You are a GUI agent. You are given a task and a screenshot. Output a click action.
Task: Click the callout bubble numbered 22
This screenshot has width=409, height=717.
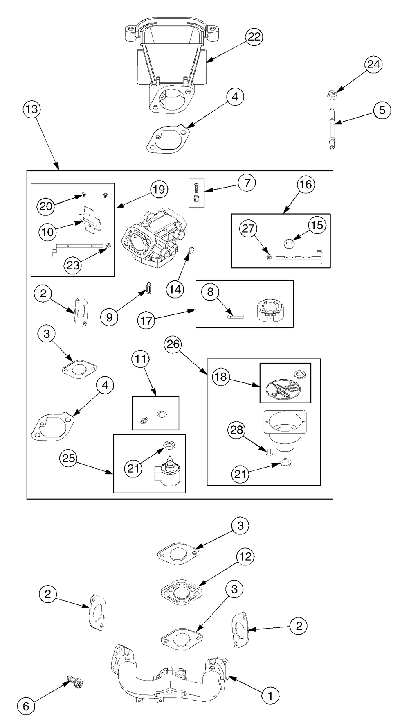click(254, 37)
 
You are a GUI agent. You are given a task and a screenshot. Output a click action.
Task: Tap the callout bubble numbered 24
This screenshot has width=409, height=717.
click(373, 65)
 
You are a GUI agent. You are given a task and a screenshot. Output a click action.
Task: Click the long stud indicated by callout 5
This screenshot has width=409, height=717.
click(332, 128)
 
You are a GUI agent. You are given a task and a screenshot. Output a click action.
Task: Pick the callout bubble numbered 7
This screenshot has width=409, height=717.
click(247, 183)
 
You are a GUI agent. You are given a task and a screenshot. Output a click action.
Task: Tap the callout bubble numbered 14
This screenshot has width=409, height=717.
click(175, 290)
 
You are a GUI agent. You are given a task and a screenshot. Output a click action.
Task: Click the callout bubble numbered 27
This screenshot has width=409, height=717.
click(248, 228)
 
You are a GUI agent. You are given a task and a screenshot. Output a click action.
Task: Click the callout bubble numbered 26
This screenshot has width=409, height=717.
click(173, 344)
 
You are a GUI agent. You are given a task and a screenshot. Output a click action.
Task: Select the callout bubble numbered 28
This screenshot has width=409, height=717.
click(237, 430)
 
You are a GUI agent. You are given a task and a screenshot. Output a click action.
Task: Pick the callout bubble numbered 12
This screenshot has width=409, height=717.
click(245, 557)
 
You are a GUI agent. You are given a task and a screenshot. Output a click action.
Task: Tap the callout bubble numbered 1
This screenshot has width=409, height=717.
click(270, 695)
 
